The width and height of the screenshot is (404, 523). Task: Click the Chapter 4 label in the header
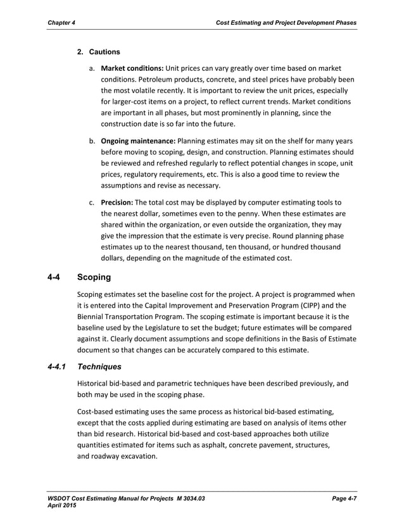(x=61, y=23)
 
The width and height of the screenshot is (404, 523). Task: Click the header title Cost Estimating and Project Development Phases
(x=286, y=23)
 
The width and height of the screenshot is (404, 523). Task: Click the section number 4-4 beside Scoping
(x=55, y=277)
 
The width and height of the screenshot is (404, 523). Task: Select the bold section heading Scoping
(x=94, y=277)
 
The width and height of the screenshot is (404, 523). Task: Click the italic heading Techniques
(x=99, y=366)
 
